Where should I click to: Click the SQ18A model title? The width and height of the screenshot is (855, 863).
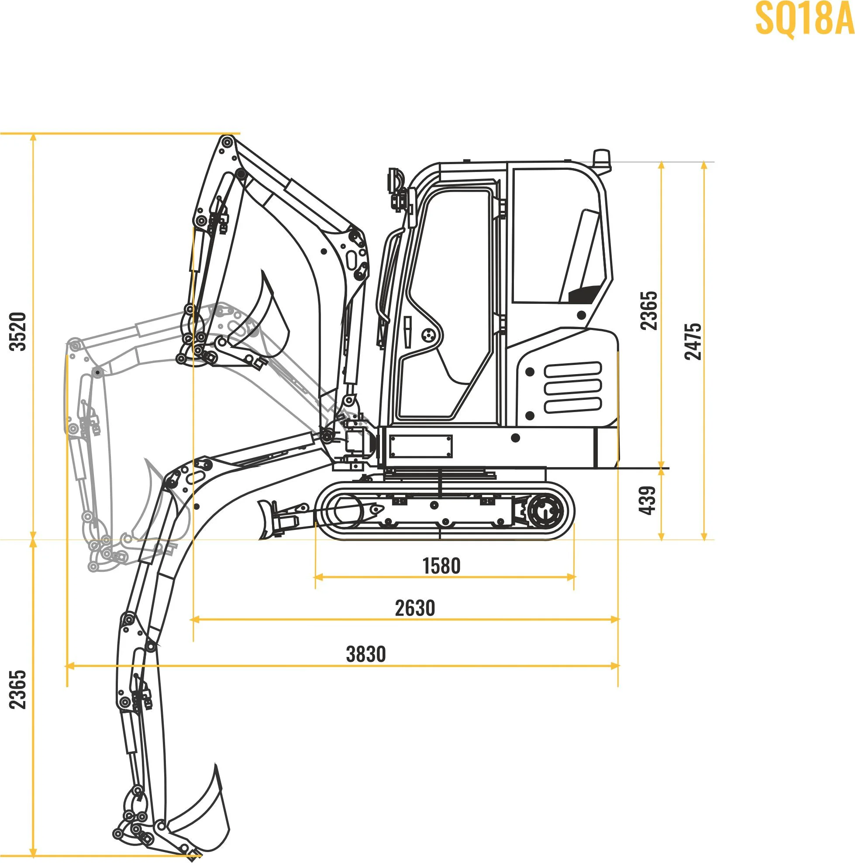coord(804,19)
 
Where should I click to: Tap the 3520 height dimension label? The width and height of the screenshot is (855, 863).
coord(19,331)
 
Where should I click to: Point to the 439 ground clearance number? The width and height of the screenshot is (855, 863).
coord(648,500)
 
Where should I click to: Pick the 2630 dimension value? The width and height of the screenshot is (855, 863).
coord(415,608)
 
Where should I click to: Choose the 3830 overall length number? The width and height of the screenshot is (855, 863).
coord(365,654)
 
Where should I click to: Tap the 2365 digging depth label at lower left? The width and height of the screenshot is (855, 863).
coord(18,689)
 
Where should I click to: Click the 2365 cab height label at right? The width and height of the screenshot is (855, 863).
coord(649,310)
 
